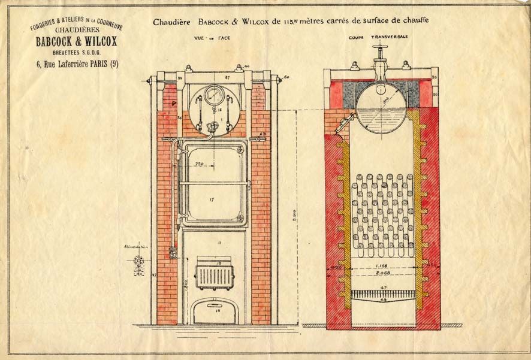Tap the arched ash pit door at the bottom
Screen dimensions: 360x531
tap(215, 311)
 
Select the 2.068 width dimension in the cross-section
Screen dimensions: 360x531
tap(381, 273)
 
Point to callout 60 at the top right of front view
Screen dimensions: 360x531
tap(286, 77)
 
